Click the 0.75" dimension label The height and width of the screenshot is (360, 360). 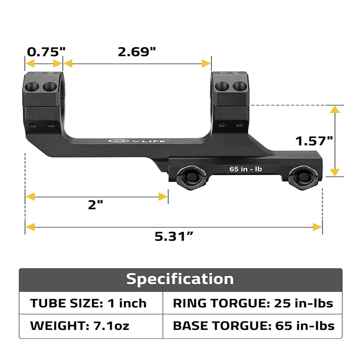click(x=44, y=52)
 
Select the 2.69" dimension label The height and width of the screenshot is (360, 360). click(x=137, y=52)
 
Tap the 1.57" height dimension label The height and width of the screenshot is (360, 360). click(x=314, y=141)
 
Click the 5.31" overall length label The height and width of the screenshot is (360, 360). click(x=174, y=236)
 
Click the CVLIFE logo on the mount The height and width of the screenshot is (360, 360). click(x=135, y=140)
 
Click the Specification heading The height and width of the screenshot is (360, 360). click(x=180, y=279)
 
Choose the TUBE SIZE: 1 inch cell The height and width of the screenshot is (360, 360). click(x=89, y=303)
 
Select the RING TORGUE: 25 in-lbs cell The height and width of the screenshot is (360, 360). click(x=252, y=303)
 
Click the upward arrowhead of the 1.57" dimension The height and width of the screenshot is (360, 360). click(x=334, y=110)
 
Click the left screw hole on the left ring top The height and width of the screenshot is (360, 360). click(x=34, y=86)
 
